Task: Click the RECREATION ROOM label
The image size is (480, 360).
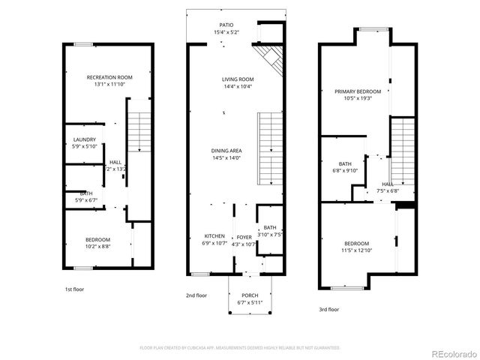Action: (109, 77)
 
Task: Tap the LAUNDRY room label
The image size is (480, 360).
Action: (84, 139)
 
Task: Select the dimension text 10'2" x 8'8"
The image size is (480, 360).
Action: (97, 245)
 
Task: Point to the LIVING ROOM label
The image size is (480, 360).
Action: (238, 79)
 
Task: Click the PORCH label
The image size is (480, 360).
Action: (250, 295)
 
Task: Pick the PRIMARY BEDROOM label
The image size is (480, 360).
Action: (358, 91)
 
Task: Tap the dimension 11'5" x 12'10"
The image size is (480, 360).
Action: (357, 250)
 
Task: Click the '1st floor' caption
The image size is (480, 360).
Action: (74, 288)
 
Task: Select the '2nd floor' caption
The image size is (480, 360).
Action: (196, 295)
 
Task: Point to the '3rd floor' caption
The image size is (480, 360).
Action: (328, 309)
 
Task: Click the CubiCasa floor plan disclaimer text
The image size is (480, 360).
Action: (240, 348)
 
